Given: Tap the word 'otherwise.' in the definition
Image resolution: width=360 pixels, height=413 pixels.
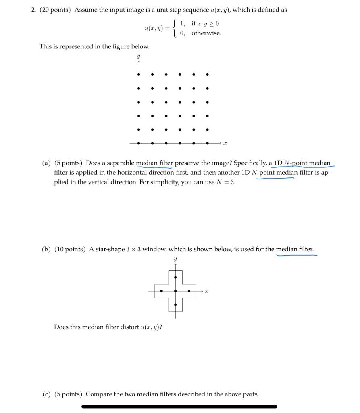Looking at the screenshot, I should pos(206,33).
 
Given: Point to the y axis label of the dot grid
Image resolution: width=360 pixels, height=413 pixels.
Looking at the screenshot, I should pos(138,57).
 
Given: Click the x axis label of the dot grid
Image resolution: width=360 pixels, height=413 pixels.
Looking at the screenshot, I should pos(225,143).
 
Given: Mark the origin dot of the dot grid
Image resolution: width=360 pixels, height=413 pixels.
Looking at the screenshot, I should pos(139,143).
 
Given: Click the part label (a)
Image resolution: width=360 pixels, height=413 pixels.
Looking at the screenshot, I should pos(47,163).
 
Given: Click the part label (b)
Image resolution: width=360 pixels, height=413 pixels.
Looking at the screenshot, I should pos(47,249).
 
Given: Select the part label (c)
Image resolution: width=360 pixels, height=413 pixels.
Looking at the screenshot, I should pos(47,394).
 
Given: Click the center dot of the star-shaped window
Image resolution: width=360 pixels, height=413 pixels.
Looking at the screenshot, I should pos(175,291).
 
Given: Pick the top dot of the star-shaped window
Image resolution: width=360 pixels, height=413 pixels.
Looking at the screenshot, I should pos(175,277).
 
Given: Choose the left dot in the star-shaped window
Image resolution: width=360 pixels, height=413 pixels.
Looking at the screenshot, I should pos(162,291).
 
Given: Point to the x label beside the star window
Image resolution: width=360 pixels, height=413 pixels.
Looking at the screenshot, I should pos(207,291).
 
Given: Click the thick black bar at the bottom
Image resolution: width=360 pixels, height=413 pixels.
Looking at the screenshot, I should pos(179,407).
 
